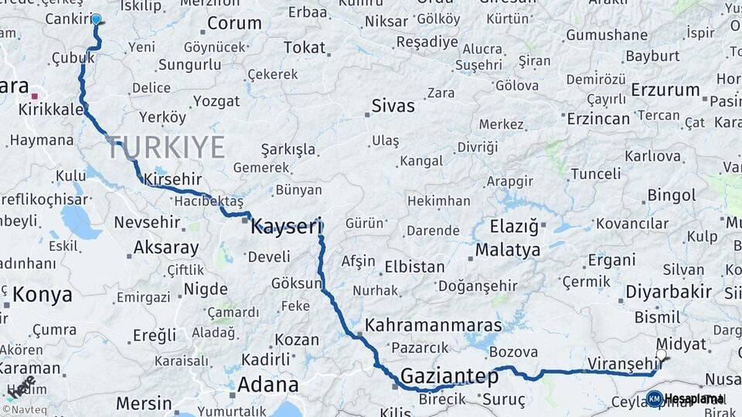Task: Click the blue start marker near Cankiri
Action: click(x=96, y=19)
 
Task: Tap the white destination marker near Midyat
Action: click(x=661, y=355)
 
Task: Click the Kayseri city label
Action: click(x=285, y=226)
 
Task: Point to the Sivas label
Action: click(x=393, y=106)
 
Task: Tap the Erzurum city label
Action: click(x=665, y=90)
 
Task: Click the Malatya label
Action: click(x=508, y=250)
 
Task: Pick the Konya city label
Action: click(x=43, y=294)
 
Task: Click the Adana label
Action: click(x=267, y=385)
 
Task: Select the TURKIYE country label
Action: click(x=166, y=147)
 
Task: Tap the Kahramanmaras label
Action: click(x=433, y=325)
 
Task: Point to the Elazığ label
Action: click(x=513, y=227)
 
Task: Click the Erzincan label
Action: click(x=598, y=119)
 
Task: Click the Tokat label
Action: click(x=304, y=48)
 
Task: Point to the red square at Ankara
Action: click(x=35, y=96)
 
